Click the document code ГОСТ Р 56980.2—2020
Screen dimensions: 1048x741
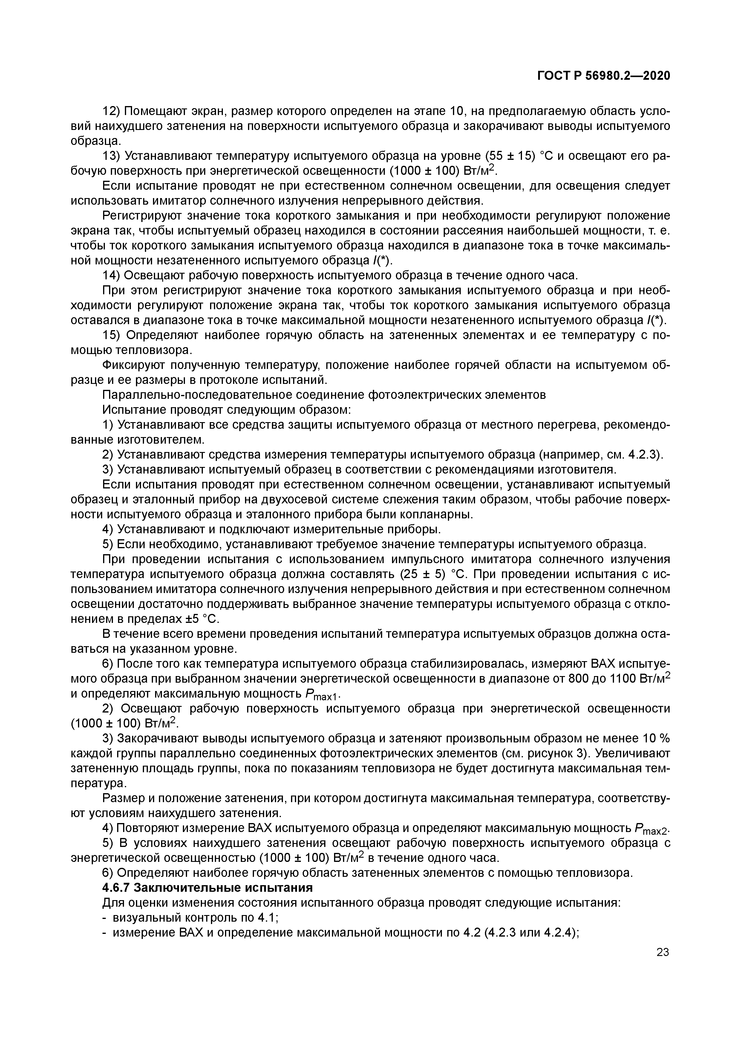click(603, 75)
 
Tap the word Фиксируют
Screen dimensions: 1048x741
click(133, 365)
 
